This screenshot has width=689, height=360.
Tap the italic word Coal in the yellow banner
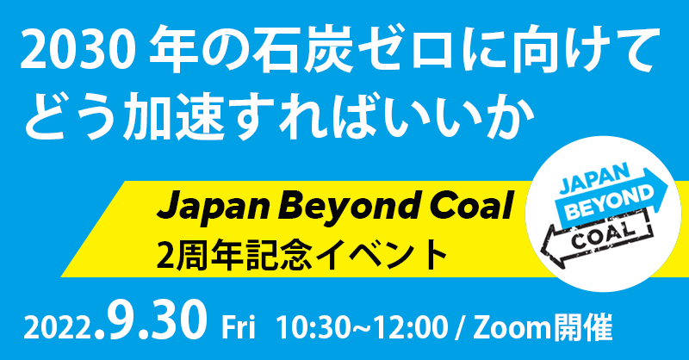471,205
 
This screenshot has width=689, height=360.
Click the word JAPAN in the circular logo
594,181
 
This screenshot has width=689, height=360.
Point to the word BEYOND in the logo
608,202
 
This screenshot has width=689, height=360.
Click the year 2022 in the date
59,328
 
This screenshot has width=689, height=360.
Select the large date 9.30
152,320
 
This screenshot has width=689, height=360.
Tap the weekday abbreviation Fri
239,327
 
